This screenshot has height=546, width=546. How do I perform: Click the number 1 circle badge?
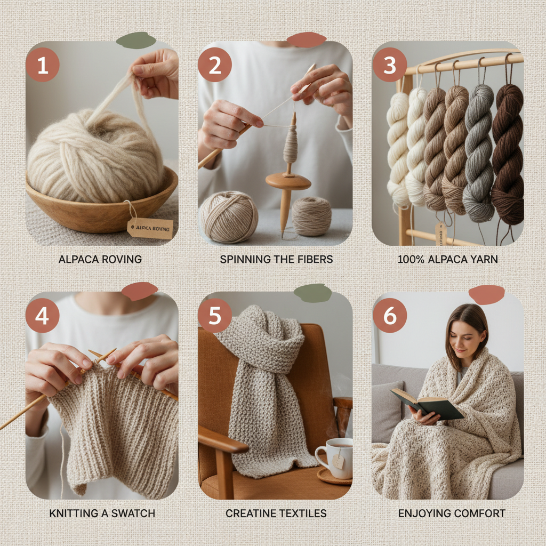[43, 65]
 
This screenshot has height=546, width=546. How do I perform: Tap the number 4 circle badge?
[42, 316]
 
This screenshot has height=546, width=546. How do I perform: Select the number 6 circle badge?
[390, 316]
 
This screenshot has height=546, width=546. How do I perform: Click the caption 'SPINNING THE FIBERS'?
[276, 260]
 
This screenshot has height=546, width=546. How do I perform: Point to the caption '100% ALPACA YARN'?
[447, 260]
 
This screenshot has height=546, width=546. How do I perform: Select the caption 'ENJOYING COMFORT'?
[452, 513]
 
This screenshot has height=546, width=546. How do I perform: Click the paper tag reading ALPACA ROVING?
[150, 228]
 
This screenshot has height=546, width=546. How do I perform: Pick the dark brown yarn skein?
[507, 155]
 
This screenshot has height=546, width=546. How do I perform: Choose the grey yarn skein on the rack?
[478, 155]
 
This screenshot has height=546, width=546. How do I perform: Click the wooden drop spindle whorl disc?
[288, 181]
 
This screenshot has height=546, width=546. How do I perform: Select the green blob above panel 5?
[312, 293]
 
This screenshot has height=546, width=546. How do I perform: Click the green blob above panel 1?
[136, 41]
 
